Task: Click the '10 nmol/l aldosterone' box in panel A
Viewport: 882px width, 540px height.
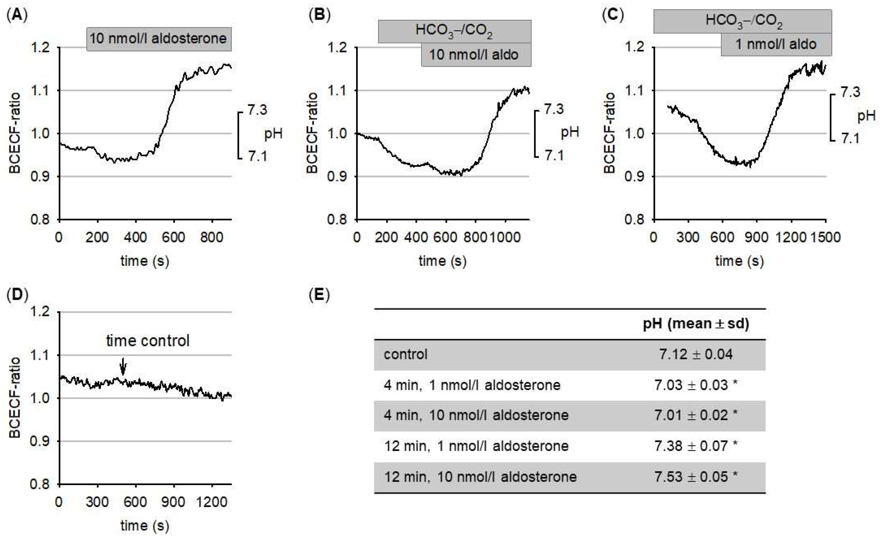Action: [159, 39]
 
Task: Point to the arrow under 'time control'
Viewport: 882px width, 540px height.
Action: [123, 367]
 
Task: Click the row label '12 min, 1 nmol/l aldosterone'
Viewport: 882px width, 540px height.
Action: [476, 446]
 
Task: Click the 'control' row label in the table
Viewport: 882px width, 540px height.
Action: [406, 354]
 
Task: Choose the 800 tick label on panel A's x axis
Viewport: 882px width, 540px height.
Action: [212, 238]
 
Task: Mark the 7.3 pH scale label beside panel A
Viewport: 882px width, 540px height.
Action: [257, 110]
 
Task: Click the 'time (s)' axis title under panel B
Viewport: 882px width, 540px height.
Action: [442, 261]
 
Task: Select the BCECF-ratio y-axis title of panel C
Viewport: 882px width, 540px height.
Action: [609, 133]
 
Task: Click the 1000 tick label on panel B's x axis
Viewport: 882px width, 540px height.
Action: [505, 238]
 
